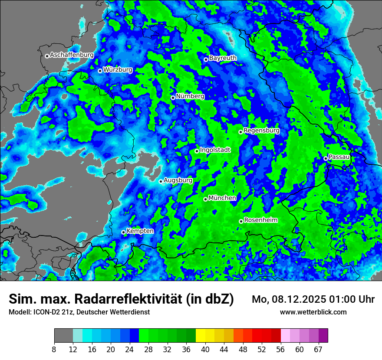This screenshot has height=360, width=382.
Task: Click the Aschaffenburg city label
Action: click(x=72, y=55)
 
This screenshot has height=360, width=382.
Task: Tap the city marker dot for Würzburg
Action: click(x=100, y=71)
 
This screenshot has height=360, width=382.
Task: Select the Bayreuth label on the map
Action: click(x=223, y=58)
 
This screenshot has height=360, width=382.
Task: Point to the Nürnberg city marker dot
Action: click(x=173, y=98)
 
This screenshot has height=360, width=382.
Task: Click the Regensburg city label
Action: click(x=261, y=130)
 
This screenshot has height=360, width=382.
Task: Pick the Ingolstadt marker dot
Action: click(x=197, y=151)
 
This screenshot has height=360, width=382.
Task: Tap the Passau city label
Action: click(x=339, y=157)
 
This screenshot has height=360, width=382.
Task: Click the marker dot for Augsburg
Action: click(x=161, y=181)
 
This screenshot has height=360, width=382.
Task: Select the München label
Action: click(x=222, y=198)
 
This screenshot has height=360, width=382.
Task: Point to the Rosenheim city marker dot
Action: click(x=241, y=221)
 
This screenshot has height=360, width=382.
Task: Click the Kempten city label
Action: click(x=140, y=231)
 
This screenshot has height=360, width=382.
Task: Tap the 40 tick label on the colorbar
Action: click(x=205, y=350)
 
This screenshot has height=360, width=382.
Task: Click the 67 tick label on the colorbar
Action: click(x=318, y=350)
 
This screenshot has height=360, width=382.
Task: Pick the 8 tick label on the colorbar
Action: click(x=54, y=350)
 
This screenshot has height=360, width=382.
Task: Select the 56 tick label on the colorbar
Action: click(x=280, y=350)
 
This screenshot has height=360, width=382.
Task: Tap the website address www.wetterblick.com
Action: click(x=313, y=312)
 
